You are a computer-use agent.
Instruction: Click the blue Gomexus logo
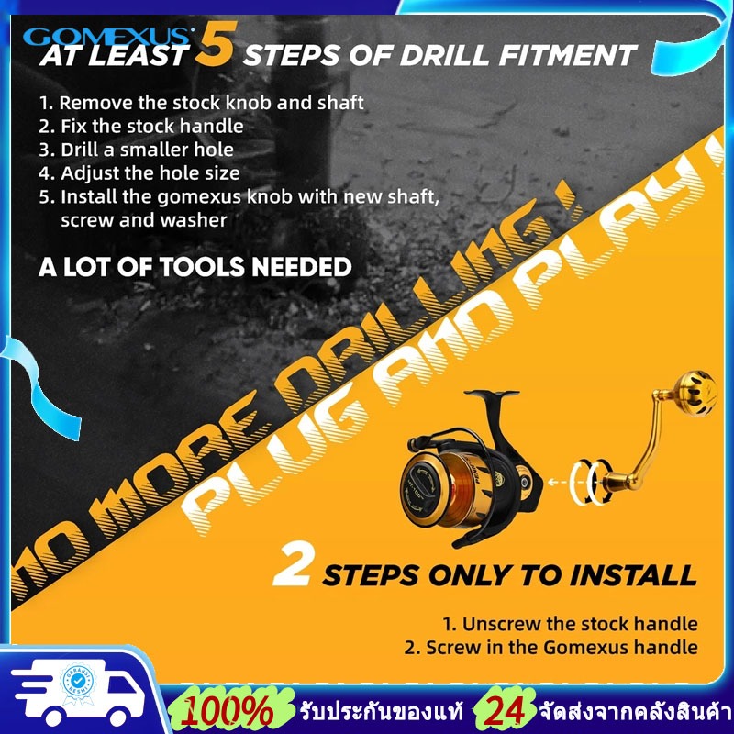pyautogui.click(x=107, y=36)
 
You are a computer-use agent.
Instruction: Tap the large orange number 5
pyautogui.click(x=214, y=44)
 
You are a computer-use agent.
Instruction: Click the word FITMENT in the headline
pyautogui.click(x=567, y=56)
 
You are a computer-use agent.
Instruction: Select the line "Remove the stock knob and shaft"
pyautogui.click(x=202, y=103)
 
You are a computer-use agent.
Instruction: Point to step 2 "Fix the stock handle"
pyautogui.click(x=141, y=127)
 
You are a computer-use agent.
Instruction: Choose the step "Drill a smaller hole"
pyautogui.click(x=136, y=150)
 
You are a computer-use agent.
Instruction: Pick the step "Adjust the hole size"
pyautogui.click(x=139, y=173)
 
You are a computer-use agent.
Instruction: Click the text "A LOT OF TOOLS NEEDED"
pyautogui.click(x=195, y=267)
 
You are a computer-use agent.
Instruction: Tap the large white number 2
pyautogui.click(x=292, y=564)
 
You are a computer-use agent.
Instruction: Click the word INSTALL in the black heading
pyautogui.click(x=633, y=575)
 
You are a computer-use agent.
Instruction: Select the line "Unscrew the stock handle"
pyautogui.click(x=570, y=624)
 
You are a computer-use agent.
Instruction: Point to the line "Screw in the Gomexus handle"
pyautogui.click(x=551, y=648)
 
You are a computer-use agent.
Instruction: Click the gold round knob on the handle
pyautogui.click(x=695, y=394)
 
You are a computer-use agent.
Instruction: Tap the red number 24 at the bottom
pyautogui.click(x=506, y=712)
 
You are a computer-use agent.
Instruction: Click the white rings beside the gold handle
pyautogui.click(x=591, y=483)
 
